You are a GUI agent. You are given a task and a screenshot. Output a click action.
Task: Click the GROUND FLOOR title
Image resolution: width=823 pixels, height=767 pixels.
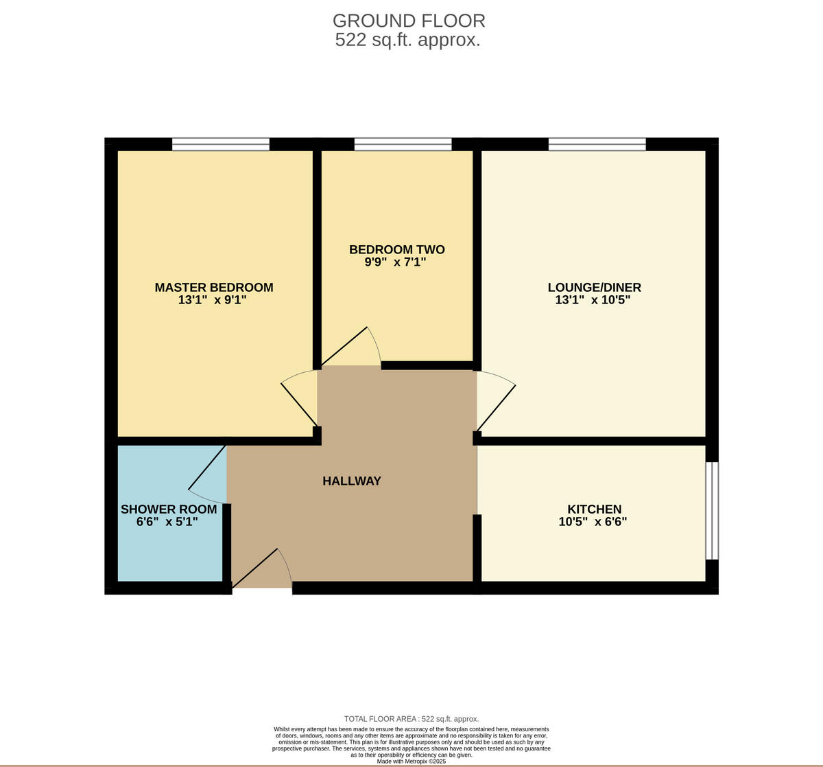click(409, 21)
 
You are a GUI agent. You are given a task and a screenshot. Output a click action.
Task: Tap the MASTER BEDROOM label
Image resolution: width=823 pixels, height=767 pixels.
click(214, 288)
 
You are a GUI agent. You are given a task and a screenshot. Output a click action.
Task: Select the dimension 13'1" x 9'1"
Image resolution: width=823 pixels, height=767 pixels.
click(212, 300)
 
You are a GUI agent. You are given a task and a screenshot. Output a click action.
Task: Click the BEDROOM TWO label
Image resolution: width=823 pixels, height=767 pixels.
click(397, 250)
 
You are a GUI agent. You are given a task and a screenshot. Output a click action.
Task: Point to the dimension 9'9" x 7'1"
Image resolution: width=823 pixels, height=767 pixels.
click(396, 262)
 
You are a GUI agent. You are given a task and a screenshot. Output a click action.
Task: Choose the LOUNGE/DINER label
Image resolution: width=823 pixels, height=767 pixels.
click(594, 288)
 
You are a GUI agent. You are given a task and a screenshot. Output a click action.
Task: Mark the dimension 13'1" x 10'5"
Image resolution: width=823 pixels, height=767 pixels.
click(593, 300)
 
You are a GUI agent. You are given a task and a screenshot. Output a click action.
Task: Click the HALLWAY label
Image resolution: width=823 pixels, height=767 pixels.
click(352, 481)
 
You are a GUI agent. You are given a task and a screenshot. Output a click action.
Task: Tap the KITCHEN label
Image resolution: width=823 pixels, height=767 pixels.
click(594, 510)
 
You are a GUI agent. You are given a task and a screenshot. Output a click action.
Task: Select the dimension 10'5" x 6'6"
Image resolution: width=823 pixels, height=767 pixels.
click(593, 522)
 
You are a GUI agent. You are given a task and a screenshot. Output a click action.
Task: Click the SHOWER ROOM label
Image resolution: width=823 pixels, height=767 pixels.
click(169, 510)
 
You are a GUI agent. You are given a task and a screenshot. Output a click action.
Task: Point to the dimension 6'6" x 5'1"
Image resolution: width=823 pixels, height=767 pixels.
click(167, 522)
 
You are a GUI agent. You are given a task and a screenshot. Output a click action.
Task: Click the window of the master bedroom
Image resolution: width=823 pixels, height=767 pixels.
click(221, 144)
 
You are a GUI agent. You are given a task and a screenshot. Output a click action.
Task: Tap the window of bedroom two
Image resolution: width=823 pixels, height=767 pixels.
click(403, 144)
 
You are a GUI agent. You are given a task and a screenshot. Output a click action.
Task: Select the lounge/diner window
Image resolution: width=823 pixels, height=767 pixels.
click(597, 144)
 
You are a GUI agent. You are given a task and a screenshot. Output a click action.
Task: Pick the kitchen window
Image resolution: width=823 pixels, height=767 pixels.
click(713, 510)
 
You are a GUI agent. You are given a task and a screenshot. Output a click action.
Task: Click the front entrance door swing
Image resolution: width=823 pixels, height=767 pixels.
click(264, 570)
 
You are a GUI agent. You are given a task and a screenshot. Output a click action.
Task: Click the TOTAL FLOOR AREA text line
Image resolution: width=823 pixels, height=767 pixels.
click(411, 719)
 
